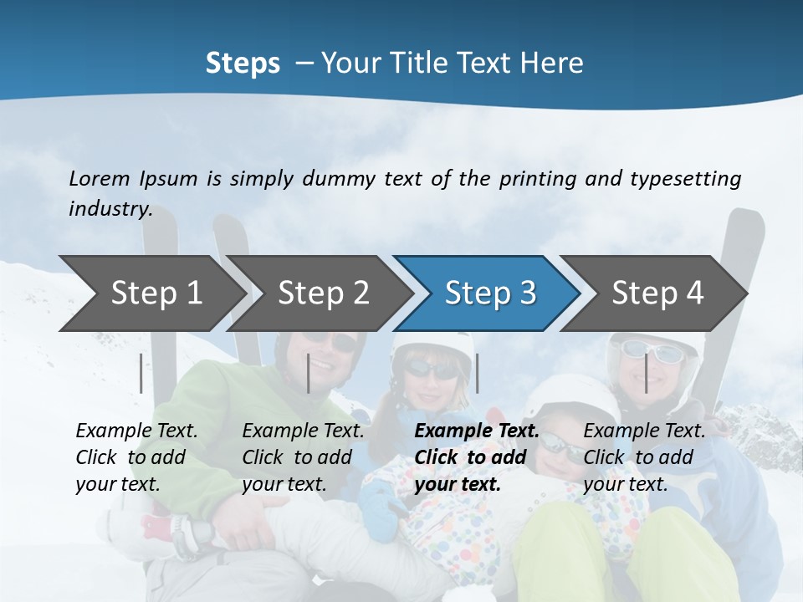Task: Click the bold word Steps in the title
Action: pyautogui.click(x=243, y=64)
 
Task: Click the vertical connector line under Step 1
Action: pyautogui.click(x=141, y=373)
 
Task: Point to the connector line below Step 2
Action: pyautogui.click(x=309, y=373)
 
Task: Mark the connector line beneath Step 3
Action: pyautogui.click(x=477, y=373)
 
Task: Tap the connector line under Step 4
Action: pyautogui.click(x=646, y=373)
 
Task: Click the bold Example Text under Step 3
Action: pyautogui.click(x=477, y=457)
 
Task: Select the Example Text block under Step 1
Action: pyautogui.click(x=136, y=457)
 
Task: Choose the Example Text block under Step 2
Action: pyautogui.click(x=303, y=457)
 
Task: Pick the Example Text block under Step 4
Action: pyautogui.click(x=644, y=457)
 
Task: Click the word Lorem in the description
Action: pyautogui.click(x=99, y=179)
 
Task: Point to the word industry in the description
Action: pyautogui.click(x=110, y=209)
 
